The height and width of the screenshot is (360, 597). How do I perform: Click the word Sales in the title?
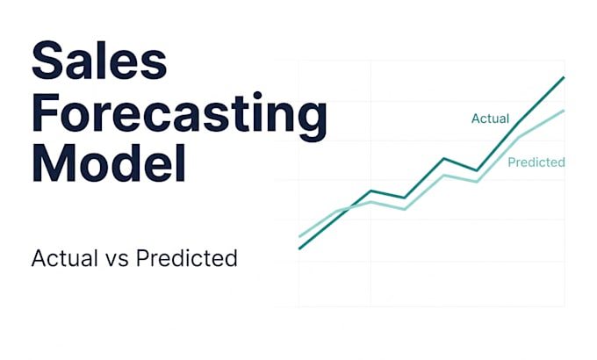[x=99, y=61]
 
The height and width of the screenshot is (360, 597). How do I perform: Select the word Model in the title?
[x=109, y=162]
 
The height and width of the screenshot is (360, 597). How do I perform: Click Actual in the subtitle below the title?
[x=65, y=258]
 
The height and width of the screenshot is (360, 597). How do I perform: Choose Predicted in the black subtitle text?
[x=186, y=258]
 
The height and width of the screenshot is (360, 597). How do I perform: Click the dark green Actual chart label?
[x=490, y=119]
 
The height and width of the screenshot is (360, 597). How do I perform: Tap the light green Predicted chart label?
[x=536, y=162]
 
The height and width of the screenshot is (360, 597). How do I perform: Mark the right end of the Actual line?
[x=564, y=77]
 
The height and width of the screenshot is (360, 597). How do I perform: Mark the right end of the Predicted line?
[x=564, y=111]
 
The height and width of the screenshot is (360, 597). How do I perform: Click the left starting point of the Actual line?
[x=299, y=248]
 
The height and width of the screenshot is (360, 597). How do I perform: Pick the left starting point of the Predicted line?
[x=299, y=236]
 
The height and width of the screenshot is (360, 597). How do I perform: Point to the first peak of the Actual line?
[x=370, y=191]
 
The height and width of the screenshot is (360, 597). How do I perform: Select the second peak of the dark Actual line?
[x=443, y=158]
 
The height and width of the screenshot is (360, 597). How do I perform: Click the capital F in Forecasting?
[x=46, y=112]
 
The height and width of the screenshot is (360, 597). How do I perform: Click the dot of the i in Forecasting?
[x=257, y=96]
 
